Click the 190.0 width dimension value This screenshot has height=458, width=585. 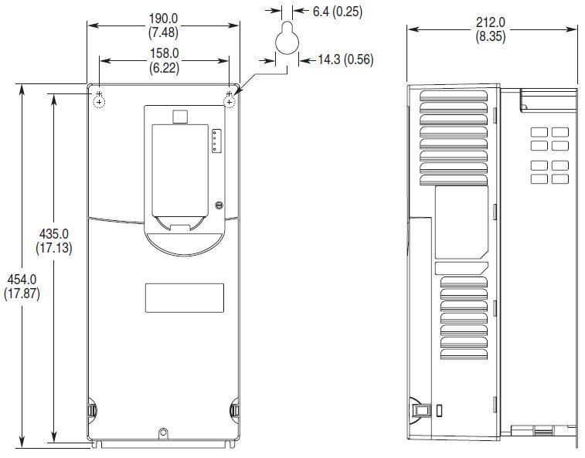click(163, 19)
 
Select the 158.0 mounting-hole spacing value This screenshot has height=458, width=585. click(164, 53)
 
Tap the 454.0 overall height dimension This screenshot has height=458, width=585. click(22, 280)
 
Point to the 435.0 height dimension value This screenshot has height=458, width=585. click(54, 234)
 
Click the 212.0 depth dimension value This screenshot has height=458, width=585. click(491, 22)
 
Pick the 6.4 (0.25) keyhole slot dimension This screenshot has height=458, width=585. click(338, 12)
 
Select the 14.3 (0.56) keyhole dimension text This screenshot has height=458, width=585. click(346, 59)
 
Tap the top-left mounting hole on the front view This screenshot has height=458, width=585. click(99, 100)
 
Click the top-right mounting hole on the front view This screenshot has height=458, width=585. click(229, 100)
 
